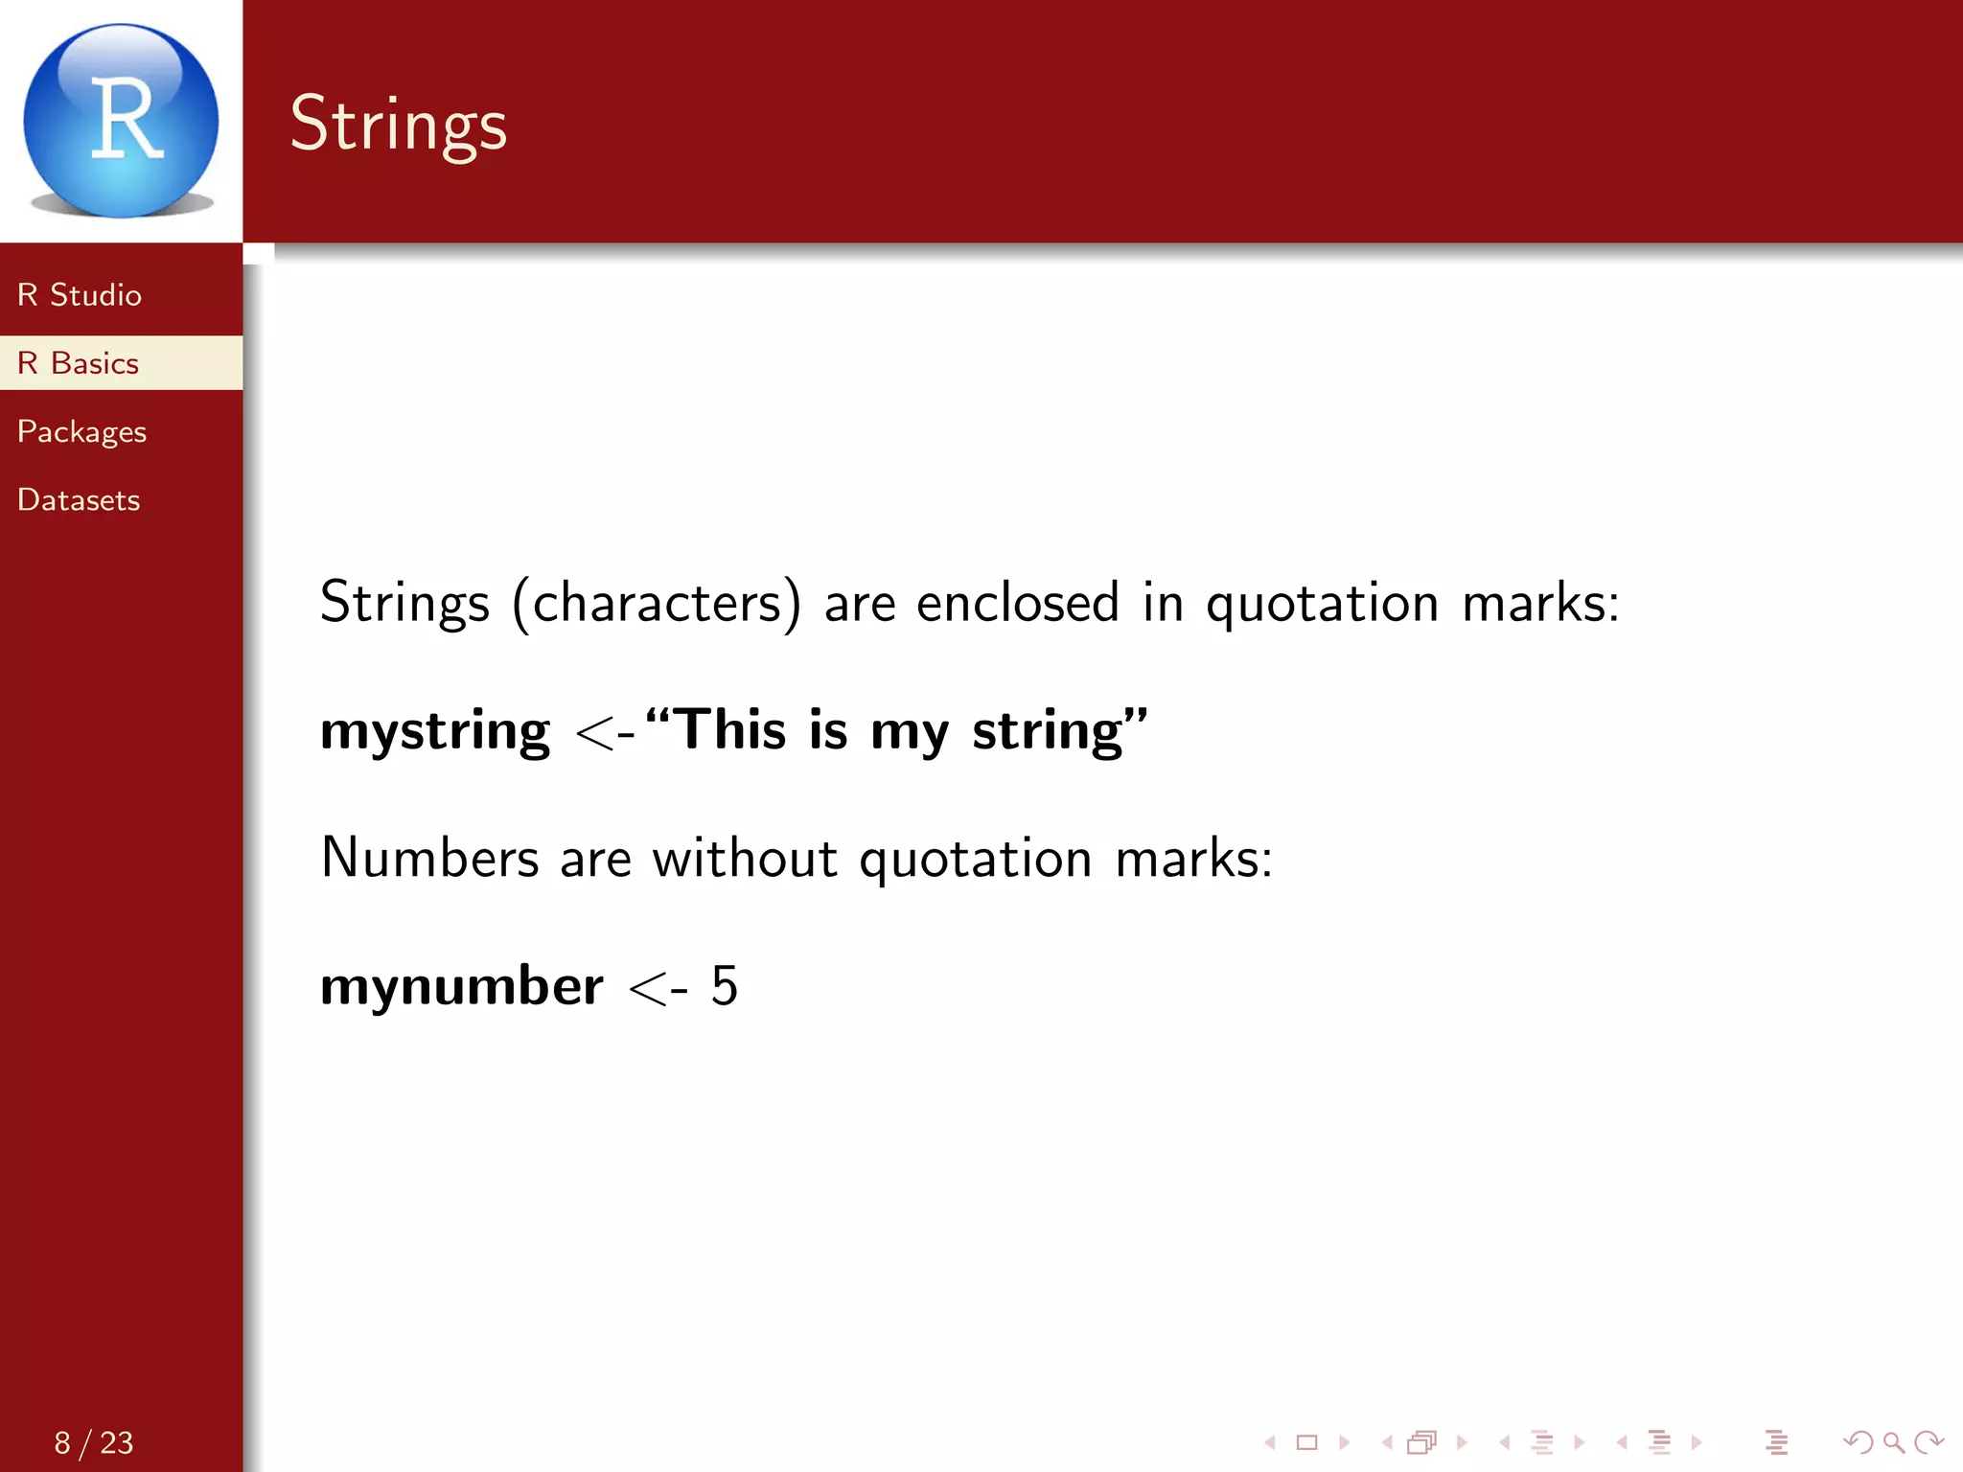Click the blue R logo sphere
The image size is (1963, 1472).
point(121,121)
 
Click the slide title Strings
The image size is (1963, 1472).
point(398,125)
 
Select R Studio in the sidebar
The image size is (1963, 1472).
point(80,295)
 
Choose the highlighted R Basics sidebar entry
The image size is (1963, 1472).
point(79,363)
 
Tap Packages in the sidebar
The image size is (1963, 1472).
point(82,432)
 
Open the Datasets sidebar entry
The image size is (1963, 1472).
point(79,500)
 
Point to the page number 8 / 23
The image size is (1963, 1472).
point(94,1442)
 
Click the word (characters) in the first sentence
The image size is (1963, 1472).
point(657,604)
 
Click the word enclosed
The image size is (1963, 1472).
point(1017,604)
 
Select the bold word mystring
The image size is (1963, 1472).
point(435,732)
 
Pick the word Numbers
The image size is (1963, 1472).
point(429,858)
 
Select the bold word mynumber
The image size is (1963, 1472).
point(462,986)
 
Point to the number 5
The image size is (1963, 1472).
point(725,986)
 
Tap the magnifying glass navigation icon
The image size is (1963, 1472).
point(1893,1442)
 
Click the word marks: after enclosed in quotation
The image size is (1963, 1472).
point(1540,604)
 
